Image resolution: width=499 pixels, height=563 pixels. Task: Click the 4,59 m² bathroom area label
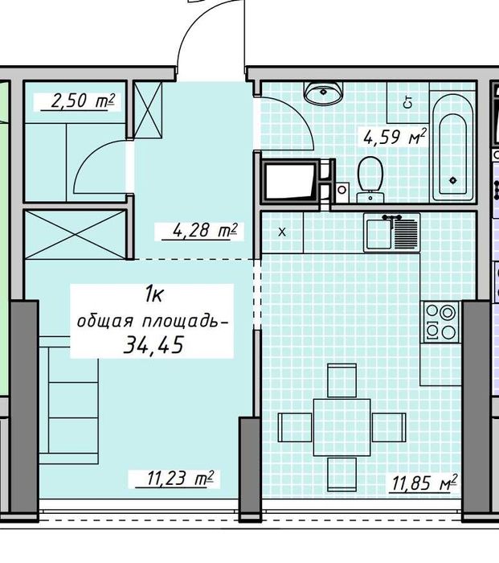[x=394, y=137]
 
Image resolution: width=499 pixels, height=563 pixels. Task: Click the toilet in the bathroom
[x=370, y=177]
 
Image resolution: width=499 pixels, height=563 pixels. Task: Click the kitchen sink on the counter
[x=391, y=233]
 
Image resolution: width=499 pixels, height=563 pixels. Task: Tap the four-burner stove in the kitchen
[x=440, y=320]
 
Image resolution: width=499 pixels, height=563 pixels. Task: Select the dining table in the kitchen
[x=342, y=425]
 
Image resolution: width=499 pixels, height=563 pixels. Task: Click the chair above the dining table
[x=342, y=376]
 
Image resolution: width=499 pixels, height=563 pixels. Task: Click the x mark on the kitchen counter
[x=282, y=232]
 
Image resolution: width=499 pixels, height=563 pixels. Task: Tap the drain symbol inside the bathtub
[x=455, y=179]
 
